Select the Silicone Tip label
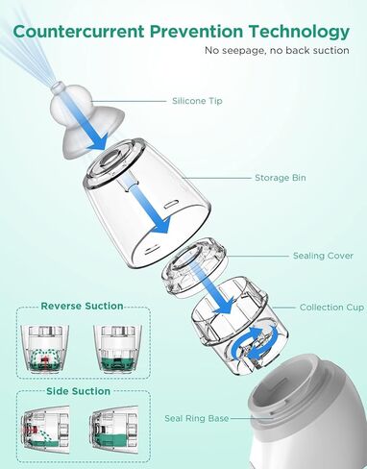click(x=196, y=100)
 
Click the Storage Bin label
click(x=281, y=178)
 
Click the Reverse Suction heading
click(x=82, y=306)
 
